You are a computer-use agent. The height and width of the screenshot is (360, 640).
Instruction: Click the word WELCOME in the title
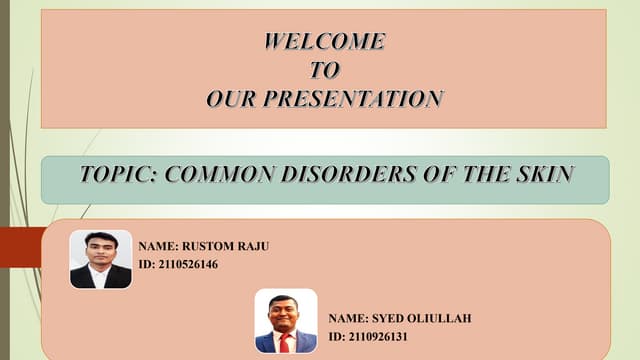[x=324, y=41]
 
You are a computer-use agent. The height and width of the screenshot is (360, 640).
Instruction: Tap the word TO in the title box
[x=324, y=69]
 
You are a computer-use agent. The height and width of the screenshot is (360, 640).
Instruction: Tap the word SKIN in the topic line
[x=544, y=174]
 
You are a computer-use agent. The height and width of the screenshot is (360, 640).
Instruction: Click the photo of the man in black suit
[x=100, y=259]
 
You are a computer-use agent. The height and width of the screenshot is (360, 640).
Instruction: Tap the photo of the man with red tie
[x=285, y=321]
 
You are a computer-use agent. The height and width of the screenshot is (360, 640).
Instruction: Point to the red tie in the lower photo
[x=285, y=343]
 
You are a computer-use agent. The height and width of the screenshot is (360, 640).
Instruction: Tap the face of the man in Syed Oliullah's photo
[x=285, y=312]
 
